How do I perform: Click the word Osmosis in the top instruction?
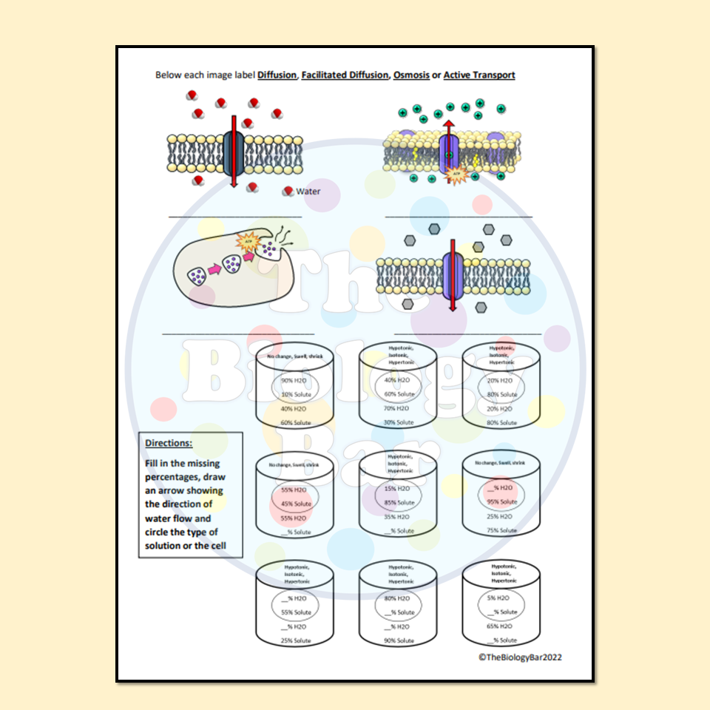[x=411, y=75]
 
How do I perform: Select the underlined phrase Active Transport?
[x=479, y=75]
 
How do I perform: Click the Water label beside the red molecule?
[x=308, y=192]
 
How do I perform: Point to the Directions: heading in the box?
[x=168, y=443]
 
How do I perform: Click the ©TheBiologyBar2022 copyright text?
[x=524, y=657]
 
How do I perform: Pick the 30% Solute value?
[x=399, y=422]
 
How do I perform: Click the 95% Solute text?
[x=502, y=502]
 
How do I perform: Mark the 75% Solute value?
[x=502, y=530]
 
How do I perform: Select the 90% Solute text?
[x=399, y=640]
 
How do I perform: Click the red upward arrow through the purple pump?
[x=447, y=141]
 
